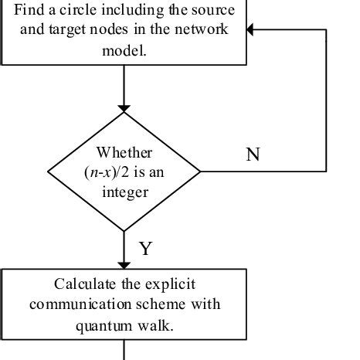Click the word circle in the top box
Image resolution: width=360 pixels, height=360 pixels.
[76, 10]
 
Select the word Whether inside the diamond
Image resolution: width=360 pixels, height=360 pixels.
[124, 152]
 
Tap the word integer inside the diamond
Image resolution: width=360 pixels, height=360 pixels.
[124, 190]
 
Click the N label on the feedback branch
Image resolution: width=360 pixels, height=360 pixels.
[253, 155]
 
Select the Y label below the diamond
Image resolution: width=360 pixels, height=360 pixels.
[144, 249]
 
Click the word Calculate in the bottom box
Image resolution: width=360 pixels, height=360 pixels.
[85, 284]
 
